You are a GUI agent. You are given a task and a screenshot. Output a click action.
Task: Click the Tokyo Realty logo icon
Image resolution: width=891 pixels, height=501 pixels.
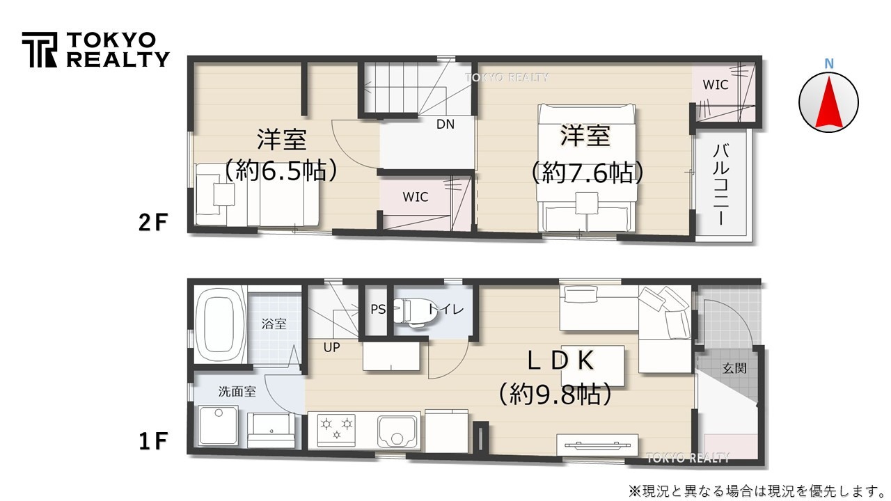pos(40,50)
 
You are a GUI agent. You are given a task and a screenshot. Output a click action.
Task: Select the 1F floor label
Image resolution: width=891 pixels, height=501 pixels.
pos(153,441)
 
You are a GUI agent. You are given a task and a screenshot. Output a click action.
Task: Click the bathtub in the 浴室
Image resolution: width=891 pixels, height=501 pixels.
pos(220,324)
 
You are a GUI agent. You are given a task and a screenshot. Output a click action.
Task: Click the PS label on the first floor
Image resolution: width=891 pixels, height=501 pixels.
pos(378,310)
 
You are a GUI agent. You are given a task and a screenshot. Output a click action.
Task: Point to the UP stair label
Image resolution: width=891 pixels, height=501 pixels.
pos(332,347)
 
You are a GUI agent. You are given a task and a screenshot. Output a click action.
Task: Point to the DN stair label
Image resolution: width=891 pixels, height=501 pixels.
pos(445,125)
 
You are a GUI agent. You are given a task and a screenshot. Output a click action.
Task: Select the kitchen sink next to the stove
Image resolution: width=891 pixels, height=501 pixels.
pos(397,431)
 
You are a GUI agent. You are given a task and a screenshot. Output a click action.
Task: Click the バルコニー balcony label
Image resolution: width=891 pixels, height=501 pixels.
pos(720,184)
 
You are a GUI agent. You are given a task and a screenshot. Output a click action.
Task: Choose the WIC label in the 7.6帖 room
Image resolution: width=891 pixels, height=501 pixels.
pos(716,85)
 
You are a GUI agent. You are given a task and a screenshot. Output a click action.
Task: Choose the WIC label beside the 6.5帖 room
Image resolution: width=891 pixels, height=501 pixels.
pos(416,197)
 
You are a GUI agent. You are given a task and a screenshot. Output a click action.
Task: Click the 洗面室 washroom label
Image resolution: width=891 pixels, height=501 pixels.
pos(237,391)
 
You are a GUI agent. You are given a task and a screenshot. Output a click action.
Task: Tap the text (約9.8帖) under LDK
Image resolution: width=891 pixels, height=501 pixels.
pos(555,395)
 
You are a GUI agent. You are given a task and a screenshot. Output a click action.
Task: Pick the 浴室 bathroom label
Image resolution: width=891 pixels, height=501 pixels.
pos(274,324)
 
